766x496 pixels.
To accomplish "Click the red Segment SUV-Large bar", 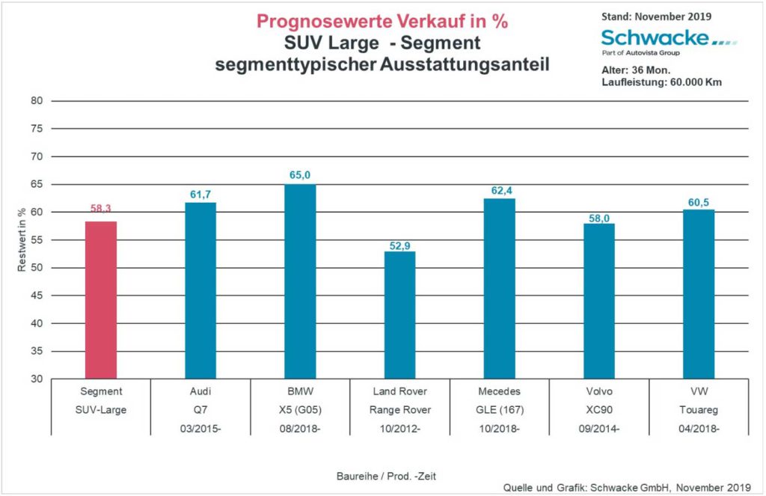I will [x=100, y=300].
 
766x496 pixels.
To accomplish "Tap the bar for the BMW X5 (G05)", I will [x=300, y=281].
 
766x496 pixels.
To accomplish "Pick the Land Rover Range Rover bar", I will [x=399, y=315].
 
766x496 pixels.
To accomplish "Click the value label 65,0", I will [x=300, y=175].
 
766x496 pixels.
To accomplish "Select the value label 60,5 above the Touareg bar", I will [x=698, y=200].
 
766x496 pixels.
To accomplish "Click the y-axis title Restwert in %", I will [x=23, y=240].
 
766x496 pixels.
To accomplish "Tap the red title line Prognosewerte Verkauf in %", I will [x=382, y=22].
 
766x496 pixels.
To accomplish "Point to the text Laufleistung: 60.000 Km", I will [x=661, y=82].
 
